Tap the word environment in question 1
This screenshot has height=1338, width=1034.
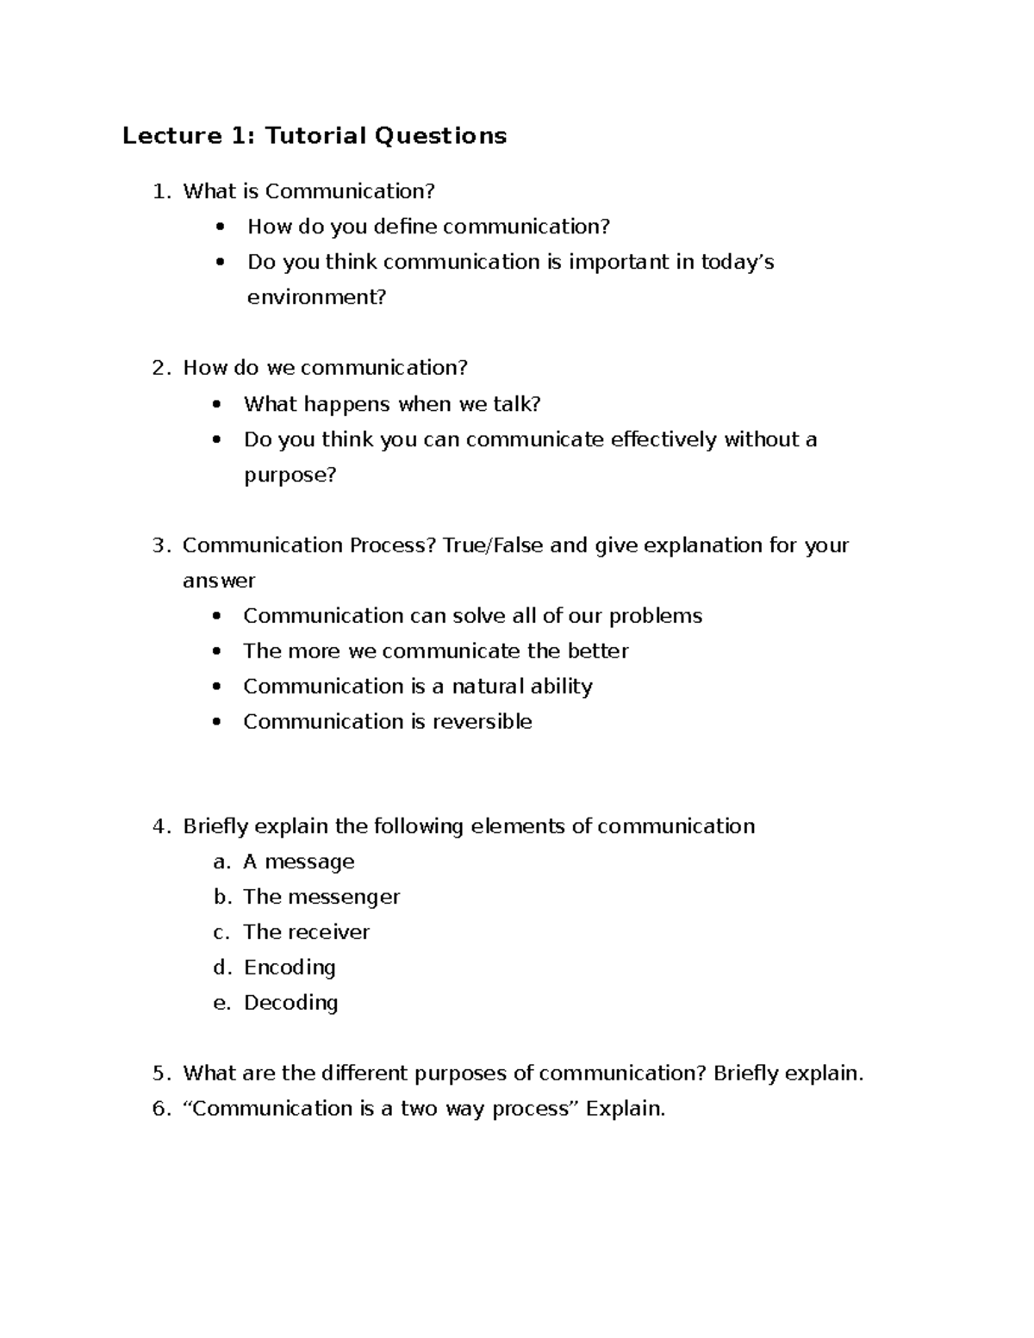tap(316, 297)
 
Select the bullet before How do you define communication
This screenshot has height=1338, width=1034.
tap(222, 227)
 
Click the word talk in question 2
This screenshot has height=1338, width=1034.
tap(516, 404)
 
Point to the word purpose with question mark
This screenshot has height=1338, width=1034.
tap(290, 475)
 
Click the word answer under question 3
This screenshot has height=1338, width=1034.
tap(219, 581)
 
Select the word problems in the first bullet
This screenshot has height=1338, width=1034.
tap(655, 616)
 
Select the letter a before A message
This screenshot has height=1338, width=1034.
tap(221, 862)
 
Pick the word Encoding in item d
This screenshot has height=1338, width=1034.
tap(290, 968)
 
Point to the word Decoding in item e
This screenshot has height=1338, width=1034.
tap(290, 1003)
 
